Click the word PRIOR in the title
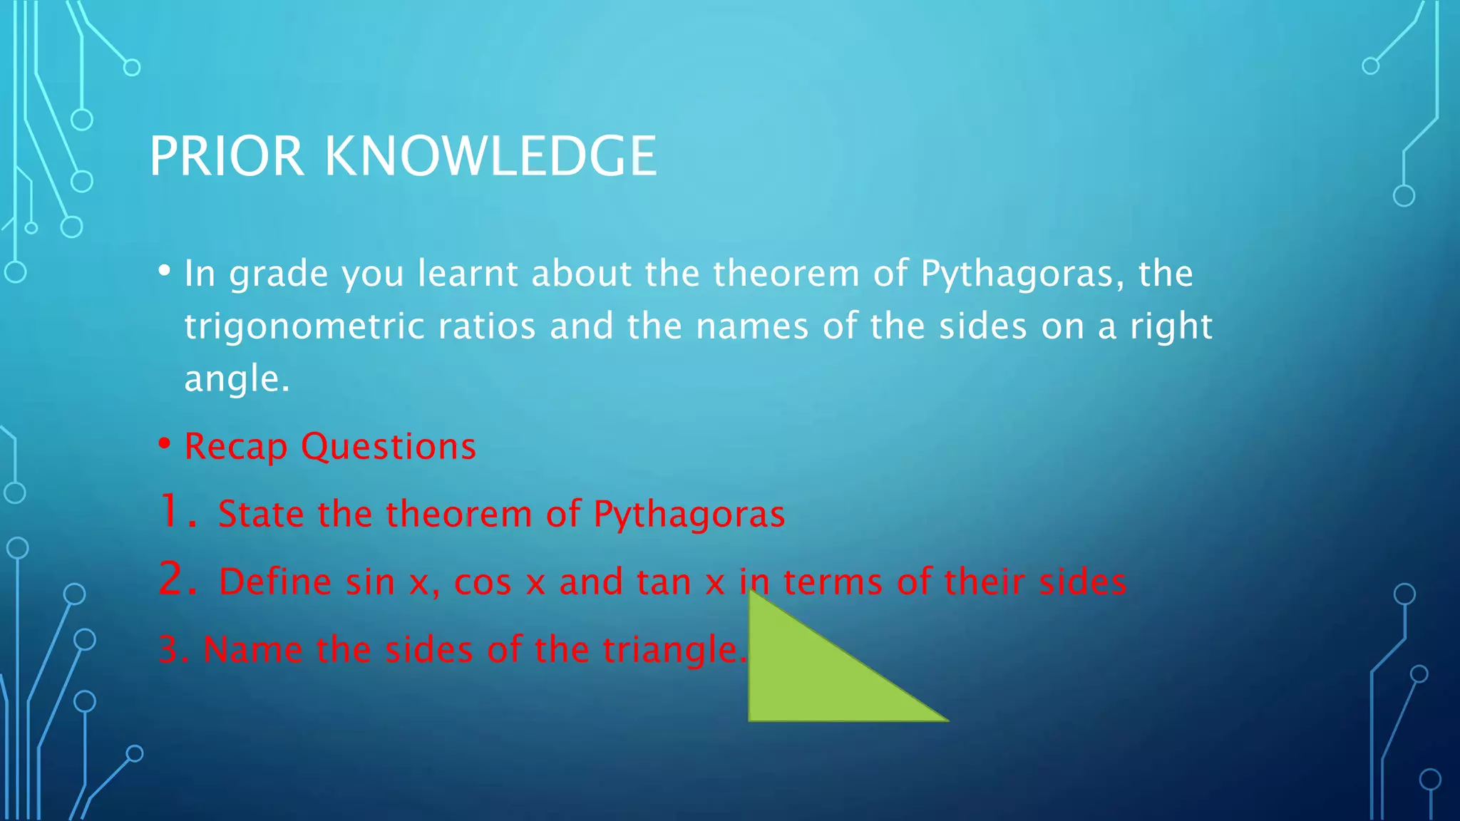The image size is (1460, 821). point(227,156)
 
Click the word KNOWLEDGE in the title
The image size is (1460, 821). point(490,156)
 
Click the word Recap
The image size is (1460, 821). point(235,448)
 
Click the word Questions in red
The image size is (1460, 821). point(388,448)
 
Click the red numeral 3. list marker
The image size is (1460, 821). point(173,649)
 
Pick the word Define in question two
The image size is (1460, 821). point(275,582)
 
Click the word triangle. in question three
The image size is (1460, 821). point(674,650)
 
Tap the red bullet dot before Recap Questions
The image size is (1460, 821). point(165,444)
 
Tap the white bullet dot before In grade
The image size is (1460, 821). point(165,271)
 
